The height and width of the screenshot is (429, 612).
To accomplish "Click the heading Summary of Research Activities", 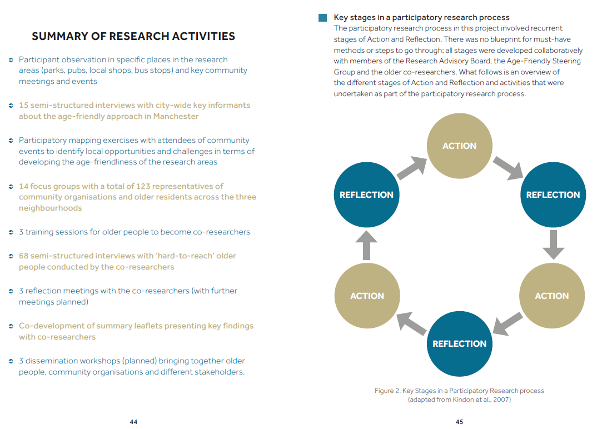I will click(133, 37).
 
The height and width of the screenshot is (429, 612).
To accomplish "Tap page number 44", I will click(133, 422).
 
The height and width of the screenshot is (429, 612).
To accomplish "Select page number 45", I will click(460, 422).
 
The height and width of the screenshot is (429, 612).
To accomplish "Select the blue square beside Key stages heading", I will click(323, 18).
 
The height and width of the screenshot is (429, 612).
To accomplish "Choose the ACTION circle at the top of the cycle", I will click(459, 146).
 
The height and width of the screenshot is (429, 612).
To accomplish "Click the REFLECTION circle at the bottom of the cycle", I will click(459, 343).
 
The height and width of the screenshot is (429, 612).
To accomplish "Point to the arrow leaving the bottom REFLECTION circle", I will click(411, 322).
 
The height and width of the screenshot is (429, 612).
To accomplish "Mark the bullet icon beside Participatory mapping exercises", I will click(11, 141).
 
